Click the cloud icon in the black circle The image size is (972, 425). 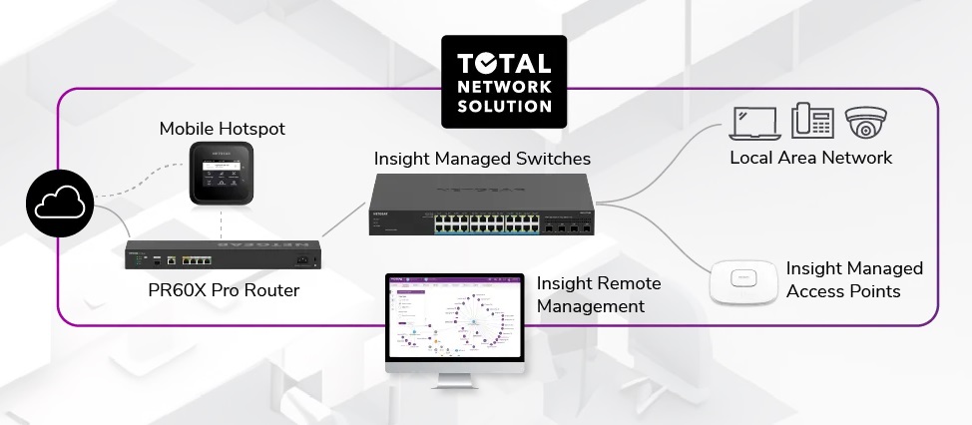[61, 207]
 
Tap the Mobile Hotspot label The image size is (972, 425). [222, 129]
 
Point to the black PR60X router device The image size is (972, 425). [222, 256]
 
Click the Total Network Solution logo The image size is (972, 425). [503, 82]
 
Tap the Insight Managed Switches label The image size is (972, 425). [482, 159]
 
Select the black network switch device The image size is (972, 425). [482, 205]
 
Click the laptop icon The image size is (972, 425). [754, 121]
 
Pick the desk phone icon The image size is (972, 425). [812, 121]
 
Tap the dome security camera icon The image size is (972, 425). [865, 121]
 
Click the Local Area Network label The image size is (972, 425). [810, 158]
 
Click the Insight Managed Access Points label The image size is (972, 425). [854, 280]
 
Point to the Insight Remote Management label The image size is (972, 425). [599, 295]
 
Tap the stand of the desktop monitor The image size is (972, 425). [454, 379]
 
